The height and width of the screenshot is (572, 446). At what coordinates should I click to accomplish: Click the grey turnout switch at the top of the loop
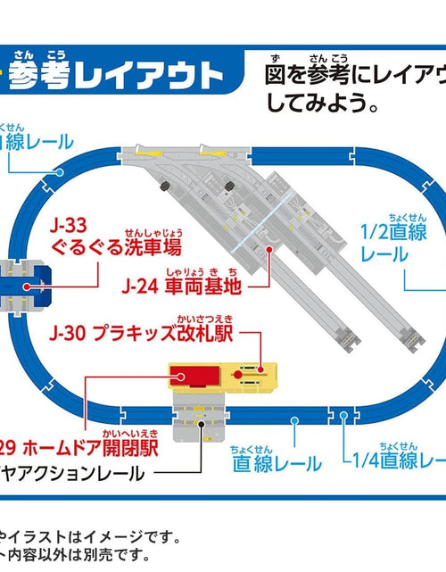pos(169,170)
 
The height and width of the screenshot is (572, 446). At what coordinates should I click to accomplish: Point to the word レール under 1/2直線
pos(384,254)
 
